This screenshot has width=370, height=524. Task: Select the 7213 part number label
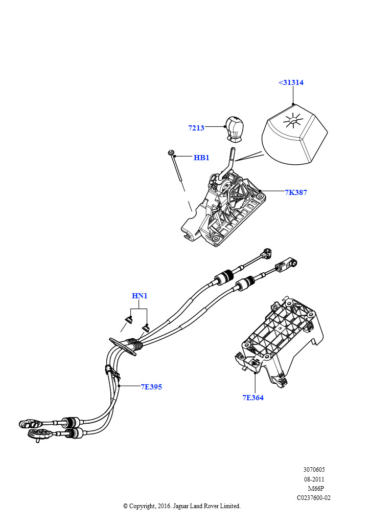tap(196, 128)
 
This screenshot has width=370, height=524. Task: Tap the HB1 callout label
tap(201, 158)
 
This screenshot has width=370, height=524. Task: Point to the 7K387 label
tap(296, 192)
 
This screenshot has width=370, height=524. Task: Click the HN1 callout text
tap(140, 296)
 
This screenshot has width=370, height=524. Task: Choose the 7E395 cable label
tap(151, 387)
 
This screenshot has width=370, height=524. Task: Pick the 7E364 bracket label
tap(253, 397)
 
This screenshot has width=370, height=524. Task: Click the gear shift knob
tap(235, 128)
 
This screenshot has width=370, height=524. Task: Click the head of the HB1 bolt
tap(171, 152)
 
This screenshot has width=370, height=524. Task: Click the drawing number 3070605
tap(314, 469)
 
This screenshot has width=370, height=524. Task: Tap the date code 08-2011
tap(314, 479)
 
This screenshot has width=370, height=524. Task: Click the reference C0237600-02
tap(314, 497)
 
